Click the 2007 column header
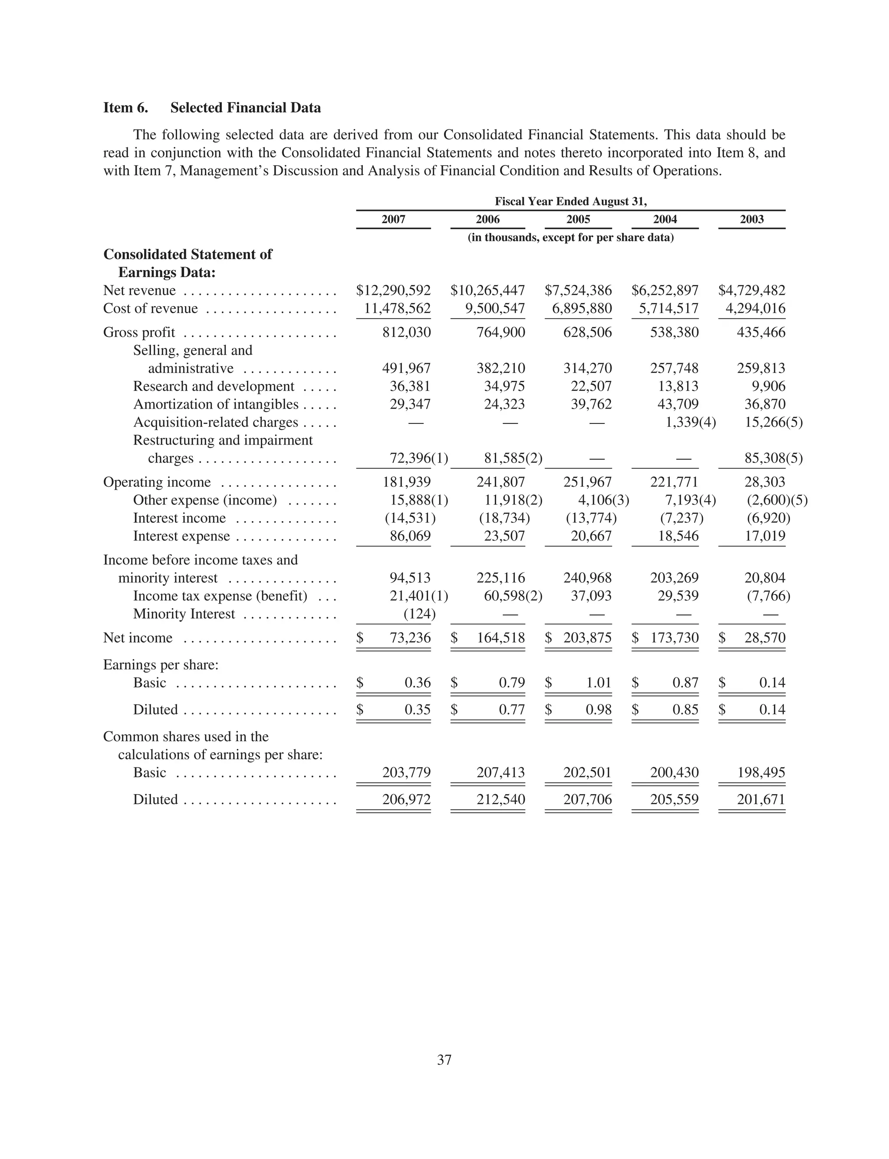click(x=393, y=219)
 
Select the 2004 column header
click(x=665, y=219)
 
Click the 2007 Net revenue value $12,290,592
click(x=393, y=291)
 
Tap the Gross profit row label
click(x=139, y=332)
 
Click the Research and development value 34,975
click(x=504, y=386)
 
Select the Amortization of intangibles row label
click(x=216, y=404)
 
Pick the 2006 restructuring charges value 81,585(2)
click(x=513, y=458)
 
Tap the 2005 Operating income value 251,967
click(x=587, y=482)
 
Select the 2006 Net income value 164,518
click(x=500, y=638)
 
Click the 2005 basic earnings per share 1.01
click(x=599, y=683)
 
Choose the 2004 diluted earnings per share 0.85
click(x=685, y=710)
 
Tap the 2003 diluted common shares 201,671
click(x=761, y=799)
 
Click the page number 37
click(x=444, y=1060)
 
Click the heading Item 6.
click(x=125, y=108)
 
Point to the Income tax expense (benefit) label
click(x=220, y=596)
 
